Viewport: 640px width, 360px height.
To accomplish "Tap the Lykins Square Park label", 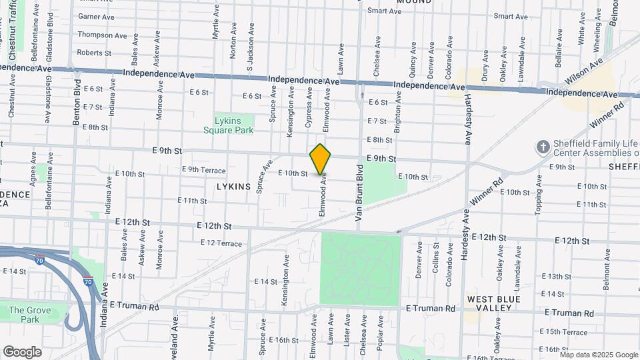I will (x=233, y=125).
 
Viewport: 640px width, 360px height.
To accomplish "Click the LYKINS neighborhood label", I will (x=233, y=187).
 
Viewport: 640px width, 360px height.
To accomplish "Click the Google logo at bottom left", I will (x=22, y=351).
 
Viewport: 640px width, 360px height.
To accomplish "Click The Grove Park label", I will (x=25, y=315).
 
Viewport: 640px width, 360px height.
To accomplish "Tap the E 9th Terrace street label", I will (x=203, y=170).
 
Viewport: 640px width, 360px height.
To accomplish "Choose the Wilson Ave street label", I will (x=583, y=71).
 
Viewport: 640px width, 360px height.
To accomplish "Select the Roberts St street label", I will (x=94, y=53).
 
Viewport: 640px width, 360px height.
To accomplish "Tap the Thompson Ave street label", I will (x=102, y=35).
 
